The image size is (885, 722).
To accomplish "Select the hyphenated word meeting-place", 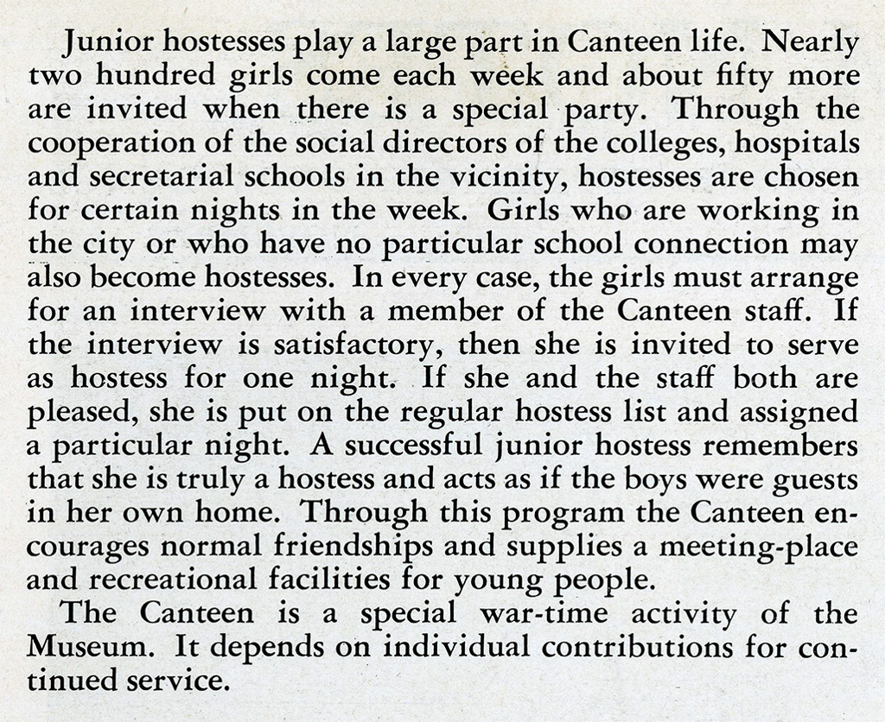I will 758,548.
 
